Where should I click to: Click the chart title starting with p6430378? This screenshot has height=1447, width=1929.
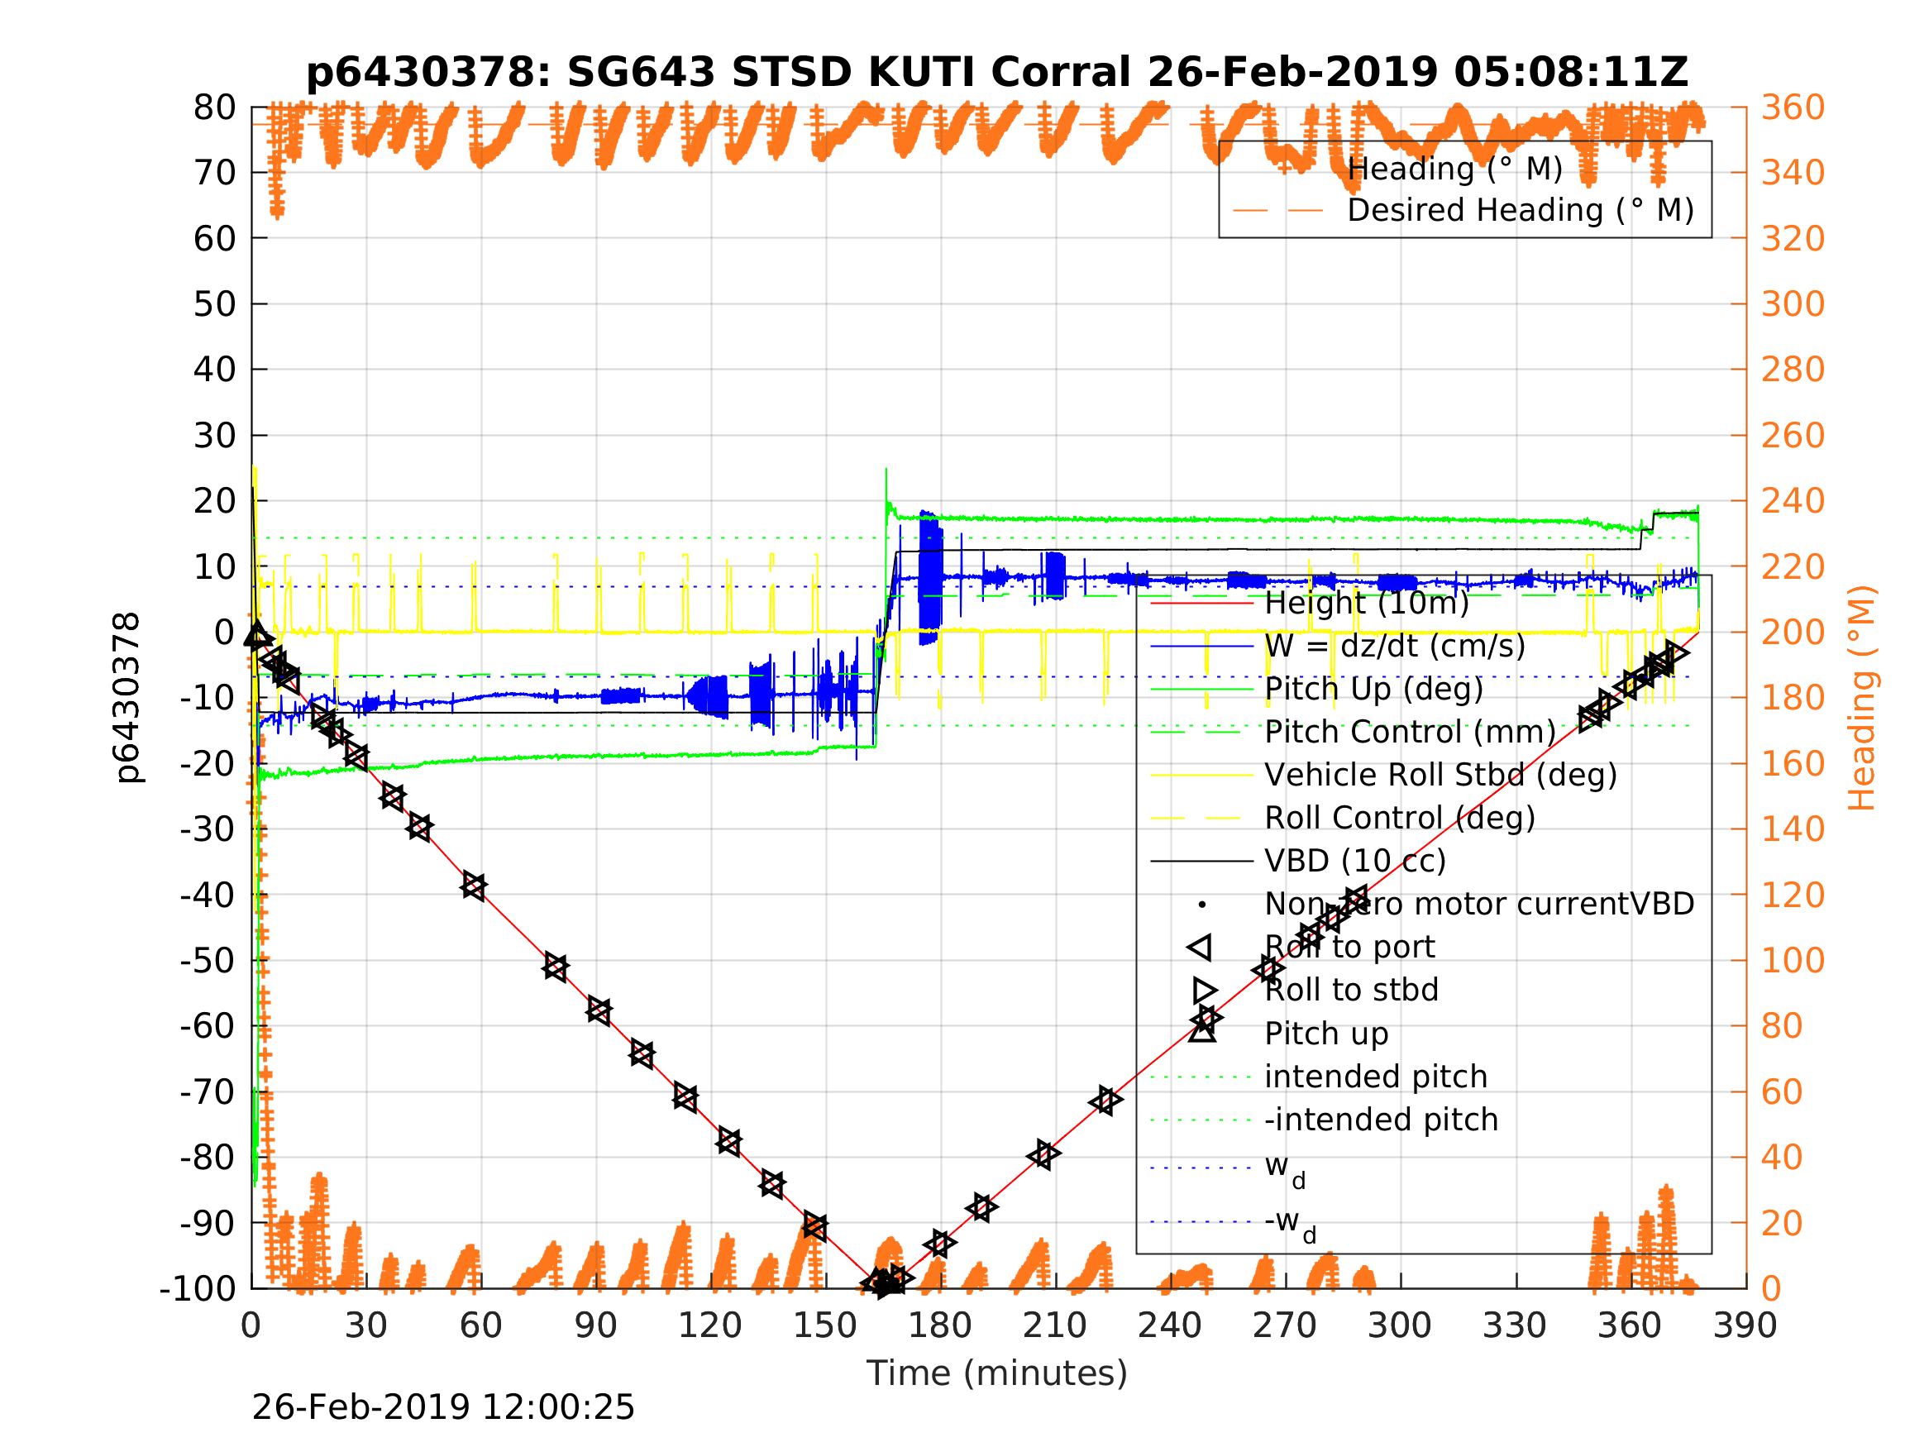[x=997, y=73]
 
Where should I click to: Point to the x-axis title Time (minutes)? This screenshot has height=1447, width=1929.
[x=997, y=1373]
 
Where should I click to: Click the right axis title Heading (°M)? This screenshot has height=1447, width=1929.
[x=1861, y=698]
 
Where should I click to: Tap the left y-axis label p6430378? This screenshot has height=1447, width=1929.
[x=127, y=698]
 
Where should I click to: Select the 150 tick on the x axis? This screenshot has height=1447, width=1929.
[x=825, y=1325]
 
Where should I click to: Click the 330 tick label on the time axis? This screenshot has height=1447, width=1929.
[x=1515, y=1325]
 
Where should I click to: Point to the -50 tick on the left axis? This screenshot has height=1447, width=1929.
[x=208, y=960]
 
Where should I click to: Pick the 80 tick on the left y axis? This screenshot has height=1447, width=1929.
[x=214, y=108]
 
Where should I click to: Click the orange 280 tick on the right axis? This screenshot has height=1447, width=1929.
[x=1793, y=370]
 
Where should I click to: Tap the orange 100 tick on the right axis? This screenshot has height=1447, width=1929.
[x=1793, y=960]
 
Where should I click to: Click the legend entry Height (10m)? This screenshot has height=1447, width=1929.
[x=1367, y=603]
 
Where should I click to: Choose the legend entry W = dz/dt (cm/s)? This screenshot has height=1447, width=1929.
[x=1394, y=647]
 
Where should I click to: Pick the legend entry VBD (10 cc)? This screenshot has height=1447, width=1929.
[x=1355, y=861]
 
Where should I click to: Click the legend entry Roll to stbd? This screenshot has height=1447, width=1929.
[x=1351, y=990]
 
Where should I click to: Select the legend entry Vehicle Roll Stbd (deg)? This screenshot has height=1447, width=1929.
[x=1440, y=775]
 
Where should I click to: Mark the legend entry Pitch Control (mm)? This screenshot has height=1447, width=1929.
[x=1410, y=732]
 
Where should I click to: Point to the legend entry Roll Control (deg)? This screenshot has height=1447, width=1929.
[x=1400, y=818]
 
